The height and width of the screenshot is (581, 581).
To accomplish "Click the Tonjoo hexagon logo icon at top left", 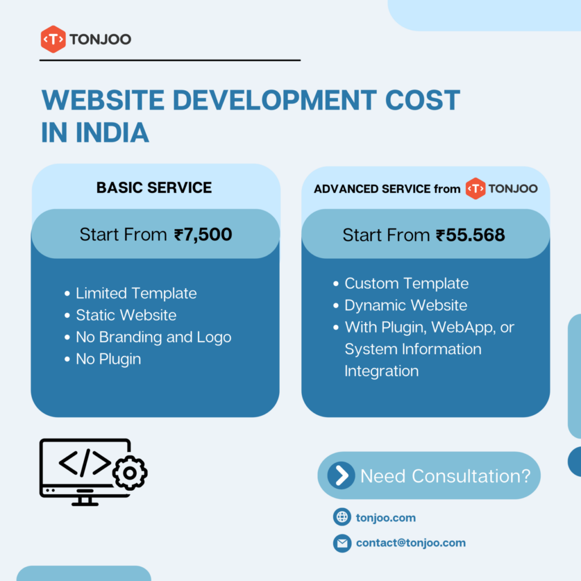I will click(x=53, y=40).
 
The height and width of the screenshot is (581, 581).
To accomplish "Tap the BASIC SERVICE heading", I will click(x=154, y=188).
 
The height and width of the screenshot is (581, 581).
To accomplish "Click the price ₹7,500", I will click(x=203, y=234).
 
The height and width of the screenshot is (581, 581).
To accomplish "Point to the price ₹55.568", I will click(x=470, y=234).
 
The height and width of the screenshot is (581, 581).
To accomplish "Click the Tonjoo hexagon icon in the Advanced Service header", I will click(x=475, y=189).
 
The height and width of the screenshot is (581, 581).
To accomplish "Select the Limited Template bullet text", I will click(x=136, y=293).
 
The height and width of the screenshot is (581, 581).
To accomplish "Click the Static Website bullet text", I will click(x=126, y=315).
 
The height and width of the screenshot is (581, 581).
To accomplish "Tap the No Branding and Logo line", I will click(x=153, y=337).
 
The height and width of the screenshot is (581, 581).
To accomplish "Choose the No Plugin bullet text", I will click(x=108, y=359).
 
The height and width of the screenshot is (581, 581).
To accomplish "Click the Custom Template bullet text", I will click(x=406, y=284).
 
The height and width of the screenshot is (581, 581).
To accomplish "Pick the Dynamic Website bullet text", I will click(x=406, y=305).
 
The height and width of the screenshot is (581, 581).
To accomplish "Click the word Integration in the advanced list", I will click(x=381, y=371).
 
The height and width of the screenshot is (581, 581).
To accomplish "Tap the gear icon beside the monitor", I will click(x=130, y=473).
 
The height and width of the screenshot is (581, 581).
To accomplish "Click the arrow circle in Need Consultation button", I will click(x=342, y=475).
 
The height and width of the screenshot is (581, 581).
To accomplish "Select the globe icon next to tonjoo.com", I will click(x=342, y=517).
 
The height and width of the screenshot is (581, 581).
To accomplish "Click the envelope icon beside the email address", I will click(x=342, y=543).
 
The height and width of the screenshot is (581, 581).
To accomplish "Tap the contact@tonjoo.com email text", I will click(x=411, y=543).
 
